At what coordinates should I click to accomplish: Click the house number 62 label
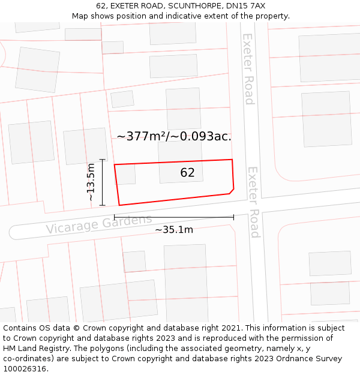click(x=187, y=173)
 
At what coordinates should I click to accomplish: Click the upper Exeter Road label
click(x=248, y=68)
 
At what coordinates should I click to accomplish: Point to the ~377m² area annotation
click(x=173, y=136)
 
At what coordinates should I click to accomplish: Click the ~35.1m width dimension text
click(x=174, y=230)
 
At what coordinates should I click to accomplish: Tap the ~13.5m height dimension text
click(x=91, y=182)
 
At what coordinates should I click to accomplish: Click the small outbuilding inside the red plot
click(x=125, y=175)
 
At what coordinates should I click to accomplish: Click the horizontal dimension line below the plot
click(x=174, y=217)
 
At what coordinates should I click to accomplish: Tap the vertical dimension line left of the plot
click(x=103, y=182)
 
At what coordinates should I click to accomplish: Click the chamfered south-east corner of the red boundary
click(x=231, y=191)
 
